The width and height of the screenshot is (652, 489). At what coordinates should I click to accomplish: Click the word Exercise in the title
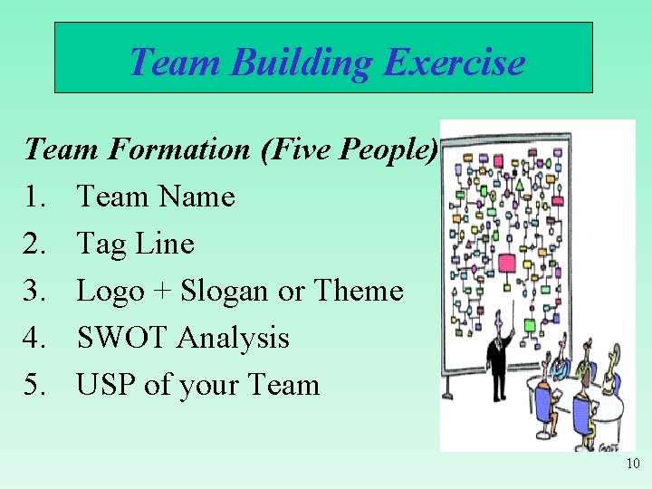454,62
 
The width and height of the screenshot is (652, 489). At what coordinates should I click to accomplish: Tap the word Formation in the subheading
177,149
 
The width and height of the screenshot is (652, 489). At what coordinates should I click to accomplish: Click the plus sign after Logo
162,292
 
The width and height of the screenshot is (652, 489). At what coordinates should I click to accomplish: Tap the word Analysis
233,338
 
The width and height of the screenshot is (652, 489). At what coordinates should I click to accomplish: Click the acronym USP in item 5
106,385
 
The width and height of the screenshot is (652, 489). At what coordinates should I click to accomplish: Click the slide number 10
632,465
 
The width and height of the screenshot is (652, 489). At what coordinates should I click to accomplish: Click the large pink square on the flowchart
506,264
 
